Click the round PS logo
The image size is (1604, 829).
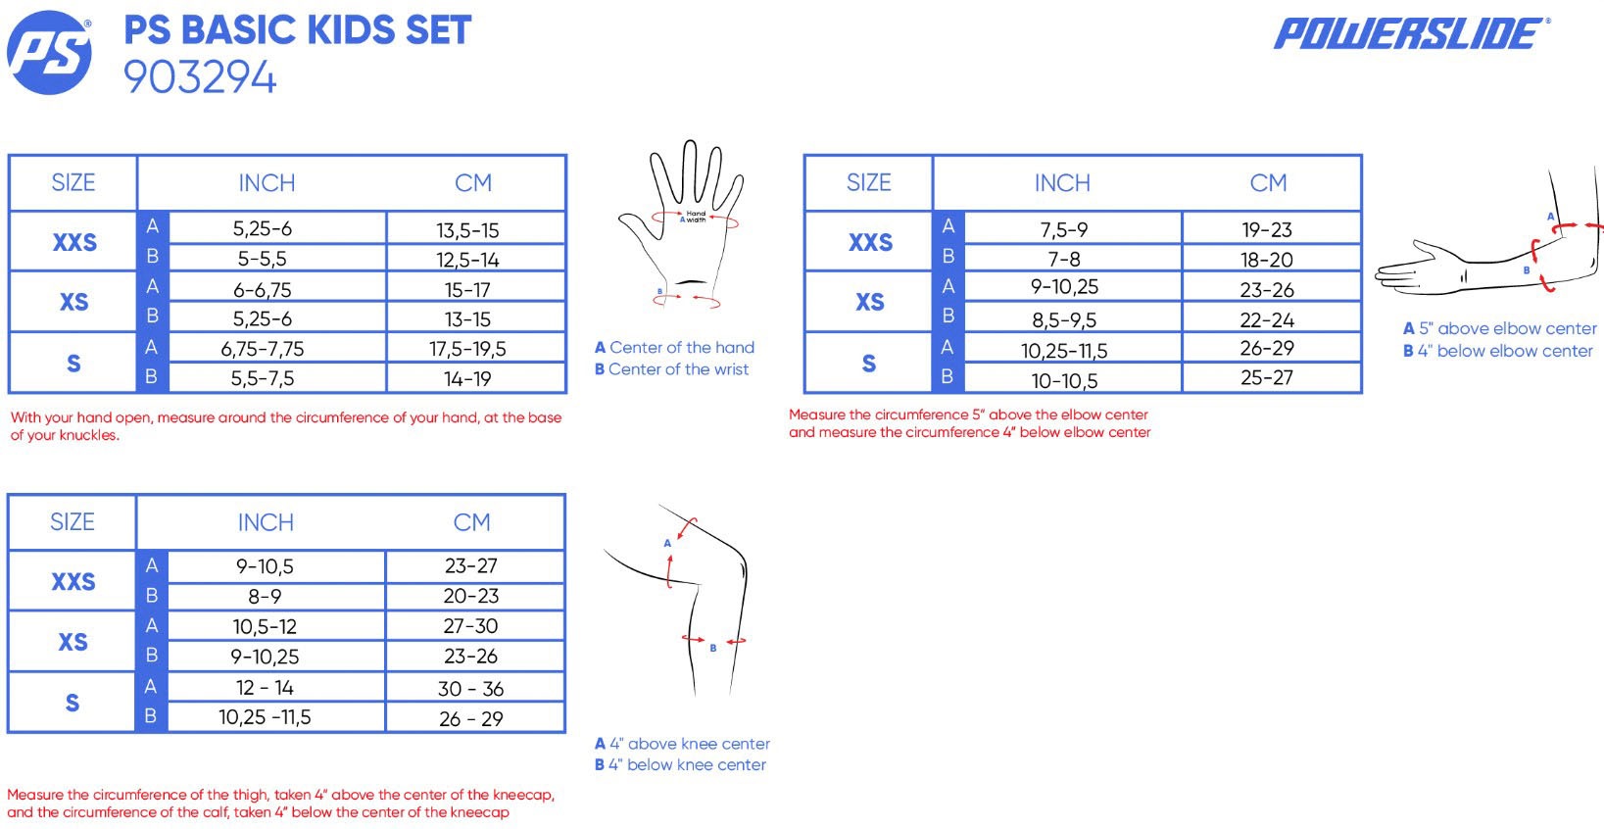pos(49,52)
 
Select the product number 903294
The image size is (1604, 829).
pos(200,77)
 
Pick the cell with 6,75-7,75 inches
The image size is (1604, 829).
pos(262,349)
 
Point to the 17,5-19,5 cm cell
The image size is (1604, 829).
pos(467,349)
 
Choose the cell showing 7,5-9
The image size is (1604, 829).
pos(1064,230)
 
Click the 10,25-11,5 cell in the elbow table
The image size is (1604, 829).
pos(1064,351)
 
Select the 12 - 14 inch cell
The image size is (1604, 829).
pos(265,688)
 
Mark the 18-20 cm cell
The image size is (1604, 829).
pos(1267,259)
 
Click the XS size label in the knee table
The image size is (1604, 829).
pos(73,642)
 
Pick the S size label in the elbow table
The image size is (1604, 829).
pos(868,364)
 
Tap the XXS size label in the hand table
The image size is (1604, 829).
pos(74,243)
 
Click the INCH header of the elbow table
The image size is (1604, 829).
pos(1062,183)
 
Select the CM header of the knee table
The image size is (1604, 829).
pos(472,522)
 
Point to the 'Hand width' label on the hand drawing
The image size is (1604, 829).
pos(696,217)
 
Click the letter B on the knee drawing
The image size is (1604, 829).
pos(713,648)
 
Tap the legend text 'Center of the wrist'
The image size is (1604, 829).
pos(678,369)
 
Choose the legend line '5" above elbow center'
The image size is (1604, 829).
pos(1507,328)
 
